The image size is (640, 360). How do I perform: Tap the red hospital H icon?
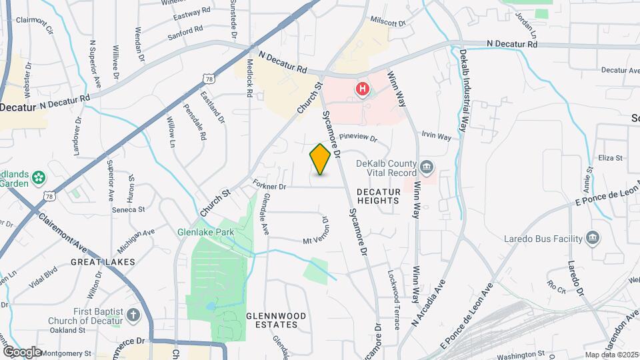click(363, 89)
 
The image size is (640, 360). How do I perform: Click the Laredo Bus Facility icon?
click(591, 238)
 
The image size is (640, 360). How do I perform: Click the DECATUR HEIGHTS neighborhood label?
click(379, 196)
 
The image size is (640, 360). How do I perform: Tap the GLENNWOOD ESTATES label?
click(276, 320)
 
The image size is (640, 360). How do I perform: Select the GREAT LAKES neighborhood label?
click(103, 262)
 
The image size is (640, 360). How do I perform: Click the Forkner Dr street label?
click(269, 186)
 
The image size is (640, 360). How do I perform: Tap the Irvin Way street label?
click(436, 136)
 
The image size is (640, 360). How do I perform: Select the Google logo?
click(22, 351)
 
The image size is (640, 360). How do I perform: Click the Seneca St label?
click(129, 209)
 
